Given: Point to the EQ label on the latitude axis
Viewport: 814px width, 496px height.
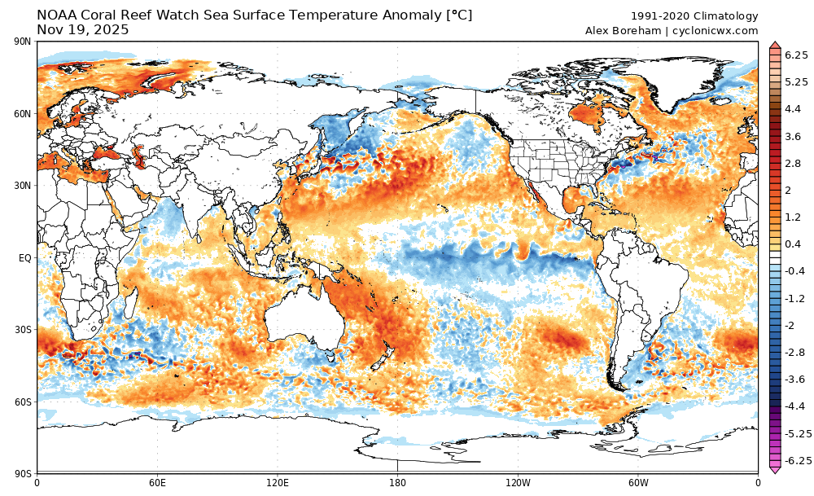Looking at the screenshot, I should coord(25,258).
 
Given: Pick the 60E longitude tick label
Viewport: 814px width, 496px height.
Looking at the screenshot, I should coord(157,482).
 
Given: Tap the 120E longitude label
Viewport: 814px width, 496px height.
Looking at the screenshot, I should coord(277,482).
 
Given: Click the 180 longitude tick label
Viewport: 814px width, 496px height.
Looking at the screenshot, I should coord(397,482).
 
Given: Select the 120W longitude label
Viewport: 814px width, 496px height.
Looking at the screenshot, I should coord(518,482).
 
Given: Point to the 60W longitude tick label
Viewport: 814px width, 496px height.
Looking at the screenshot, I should coord(637,482).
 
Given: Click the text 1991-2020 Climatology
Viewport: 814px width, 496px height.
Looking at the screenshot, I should coord(694,16).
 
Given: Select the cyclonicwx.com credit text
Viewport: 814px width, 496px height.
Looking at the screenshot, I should coord(716,31).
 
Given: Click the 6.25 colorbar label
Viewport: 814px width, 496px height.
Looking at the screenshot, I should coord(796,55).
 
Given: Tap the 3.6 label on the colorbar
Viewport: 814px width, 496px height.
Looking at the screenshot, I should coord(793,136).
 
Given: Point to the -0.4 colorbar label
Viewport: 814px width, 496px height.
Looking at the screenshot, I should coord(794,271).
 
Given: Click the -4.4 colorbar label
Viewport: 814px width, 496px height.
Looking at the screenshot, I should coord(794,406).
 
